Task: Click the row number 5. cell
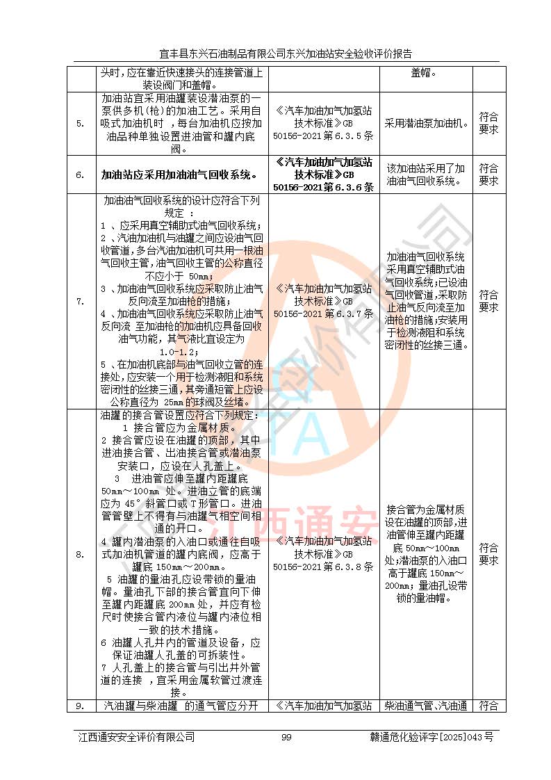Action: [81, 124]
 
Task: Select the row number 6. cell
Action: [81, 174]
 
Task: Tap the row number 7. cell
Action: [81, 301]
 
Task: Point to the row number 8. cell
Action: [81, 554]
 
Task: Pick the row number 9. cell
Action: [81, 706]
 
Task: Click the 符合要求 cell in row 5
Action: [488, 124]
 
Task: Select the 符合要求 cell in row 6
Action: [488, 174]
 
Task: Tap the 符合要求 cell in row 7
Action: [488, 301]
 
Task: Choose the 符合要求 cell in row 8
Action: [488, 554]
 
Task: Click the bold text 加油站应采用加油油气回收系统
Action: [181, 174]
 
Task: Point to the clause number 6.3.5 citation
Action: [323, 124]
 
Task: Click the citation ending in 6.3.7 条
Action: [323, 301]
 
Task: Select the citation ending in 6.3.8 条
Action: [323, 554]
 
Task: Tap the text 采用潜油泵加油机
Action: [427, 123]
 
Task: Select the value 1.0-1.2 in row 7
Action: [181, 352]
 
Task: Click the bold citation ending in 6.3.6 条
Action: [323, 174]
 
